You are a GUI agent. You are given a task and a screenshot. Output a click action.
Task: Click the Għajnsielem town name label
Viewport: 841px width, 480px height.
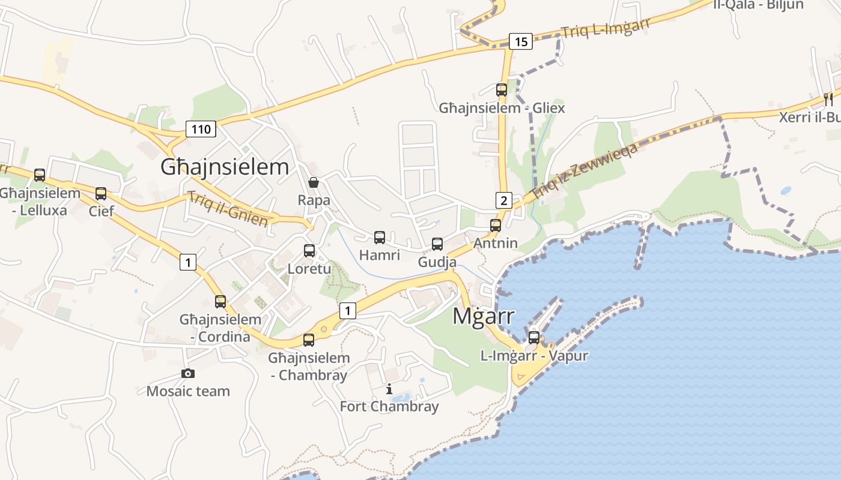pyautogui.click(x=225, y=167)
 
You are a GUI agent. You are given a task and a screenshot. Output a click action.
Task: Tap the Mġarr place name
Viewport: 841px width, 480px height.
pyautogui.click(x=483, y=316)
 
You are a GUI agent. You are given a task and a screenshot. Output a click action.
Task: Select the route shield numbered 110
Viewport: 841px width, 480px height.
pyautogui.click(x=201, y=128)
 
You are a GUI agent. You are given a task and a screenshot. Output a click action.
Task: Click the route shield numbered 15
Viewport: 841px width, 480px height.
pyautogui.click(x=521, y=41)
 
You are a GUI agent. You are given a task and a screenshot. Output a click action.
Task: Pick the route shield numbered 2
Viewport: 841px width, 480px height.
pyautogui.click(x=504, y=200)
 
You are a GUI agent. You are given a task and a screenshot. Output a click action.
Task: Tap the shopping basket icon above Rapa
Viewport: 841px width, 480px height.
pyautogui.click(x=314, y=182)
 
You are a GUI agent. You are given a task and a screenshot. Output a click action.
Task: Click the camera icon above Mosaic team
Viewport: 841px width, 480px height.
pyautogui.click(x=188, y=374)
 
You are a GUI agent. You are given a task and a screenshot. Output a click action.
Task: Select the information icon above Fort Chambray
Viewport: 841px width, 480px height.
pyautogui.click(x=389, y=389)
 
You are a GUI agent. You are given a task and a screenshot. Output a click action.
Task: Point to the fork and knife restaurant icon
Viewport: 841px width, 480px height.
pyautogui.click(x=828, y=99)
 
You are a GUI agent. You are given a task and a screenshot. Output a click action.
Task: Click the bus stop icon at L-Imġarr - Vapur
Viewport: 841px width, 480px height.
pyautogui.click(x=534, y=337)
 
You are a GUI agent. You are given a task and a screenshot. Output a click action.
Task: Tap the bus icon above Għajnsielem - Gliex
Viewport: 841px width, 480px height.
pyautogui.click(x=502, y=90)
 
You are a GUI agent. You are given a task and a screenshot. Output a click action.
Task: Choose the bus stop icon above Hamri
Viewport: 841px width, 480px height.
pyautogui.click(x=380, y=238)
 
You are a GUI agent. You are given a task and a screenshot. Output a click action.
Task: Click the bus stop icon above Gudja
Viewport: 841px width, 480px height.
pyautogui.click(x=437, y=244)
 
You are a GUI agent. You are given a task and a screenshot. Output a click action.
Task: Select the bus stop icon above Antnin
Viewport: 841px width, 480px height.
pyautogui.click(x=496, y=226)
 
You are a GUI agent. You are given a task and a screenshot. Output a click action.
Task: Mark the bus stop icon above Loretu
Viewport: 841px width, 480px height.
pyautogui.click(x=309, y=251)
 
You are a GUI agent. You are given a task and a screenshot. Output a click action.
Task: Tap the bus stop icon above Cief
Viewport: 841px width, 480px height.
pyautogui.click(x=101, y=194)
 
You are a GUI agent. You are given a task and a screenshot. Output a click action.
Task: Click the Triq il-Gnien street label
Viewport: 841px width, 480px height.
pyautogui.click(x=228, y=209)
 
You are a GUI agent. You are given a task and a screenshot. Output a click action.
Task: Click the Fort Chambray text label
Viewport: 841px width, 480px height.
pyautogui.click(x=389, y=406)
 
